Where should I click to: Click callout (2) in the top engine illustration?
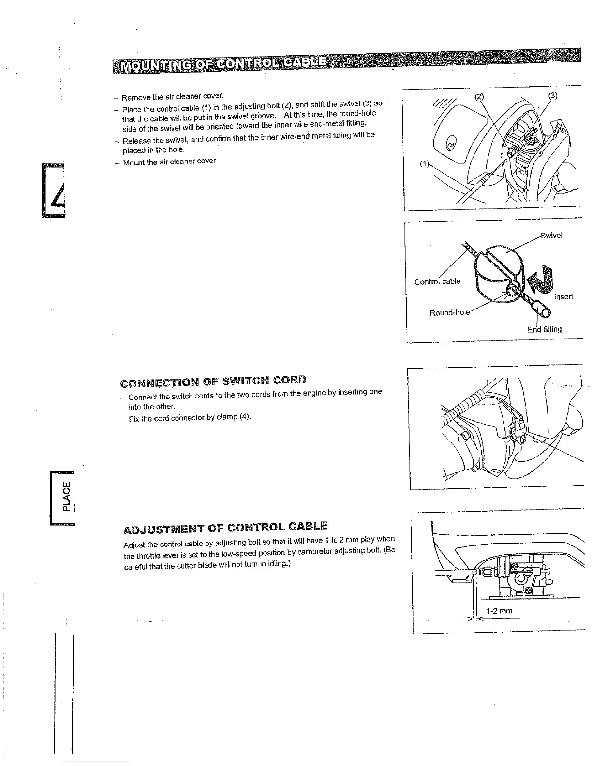tap(479, 96)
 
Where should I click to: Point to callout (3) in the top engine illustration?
tap(553, 95)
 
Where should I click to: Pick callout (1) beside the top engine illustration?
tap(424, 163)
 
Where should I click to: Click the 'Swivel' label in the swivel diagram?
tap(551, 236)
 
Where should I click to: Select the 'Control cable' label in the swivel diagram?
tap(437, 281)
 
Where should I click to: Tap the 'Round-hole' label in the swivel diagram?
tap(450, 312)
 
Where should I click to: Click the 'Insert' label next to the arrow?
tap(563, 296)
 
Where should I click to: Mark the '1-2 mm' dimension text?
tap(499, 611)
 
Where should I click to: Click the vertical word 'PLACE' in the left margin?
tap(66, 496)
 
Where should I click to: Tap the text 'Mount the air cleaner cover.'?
tap(170, 162)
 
